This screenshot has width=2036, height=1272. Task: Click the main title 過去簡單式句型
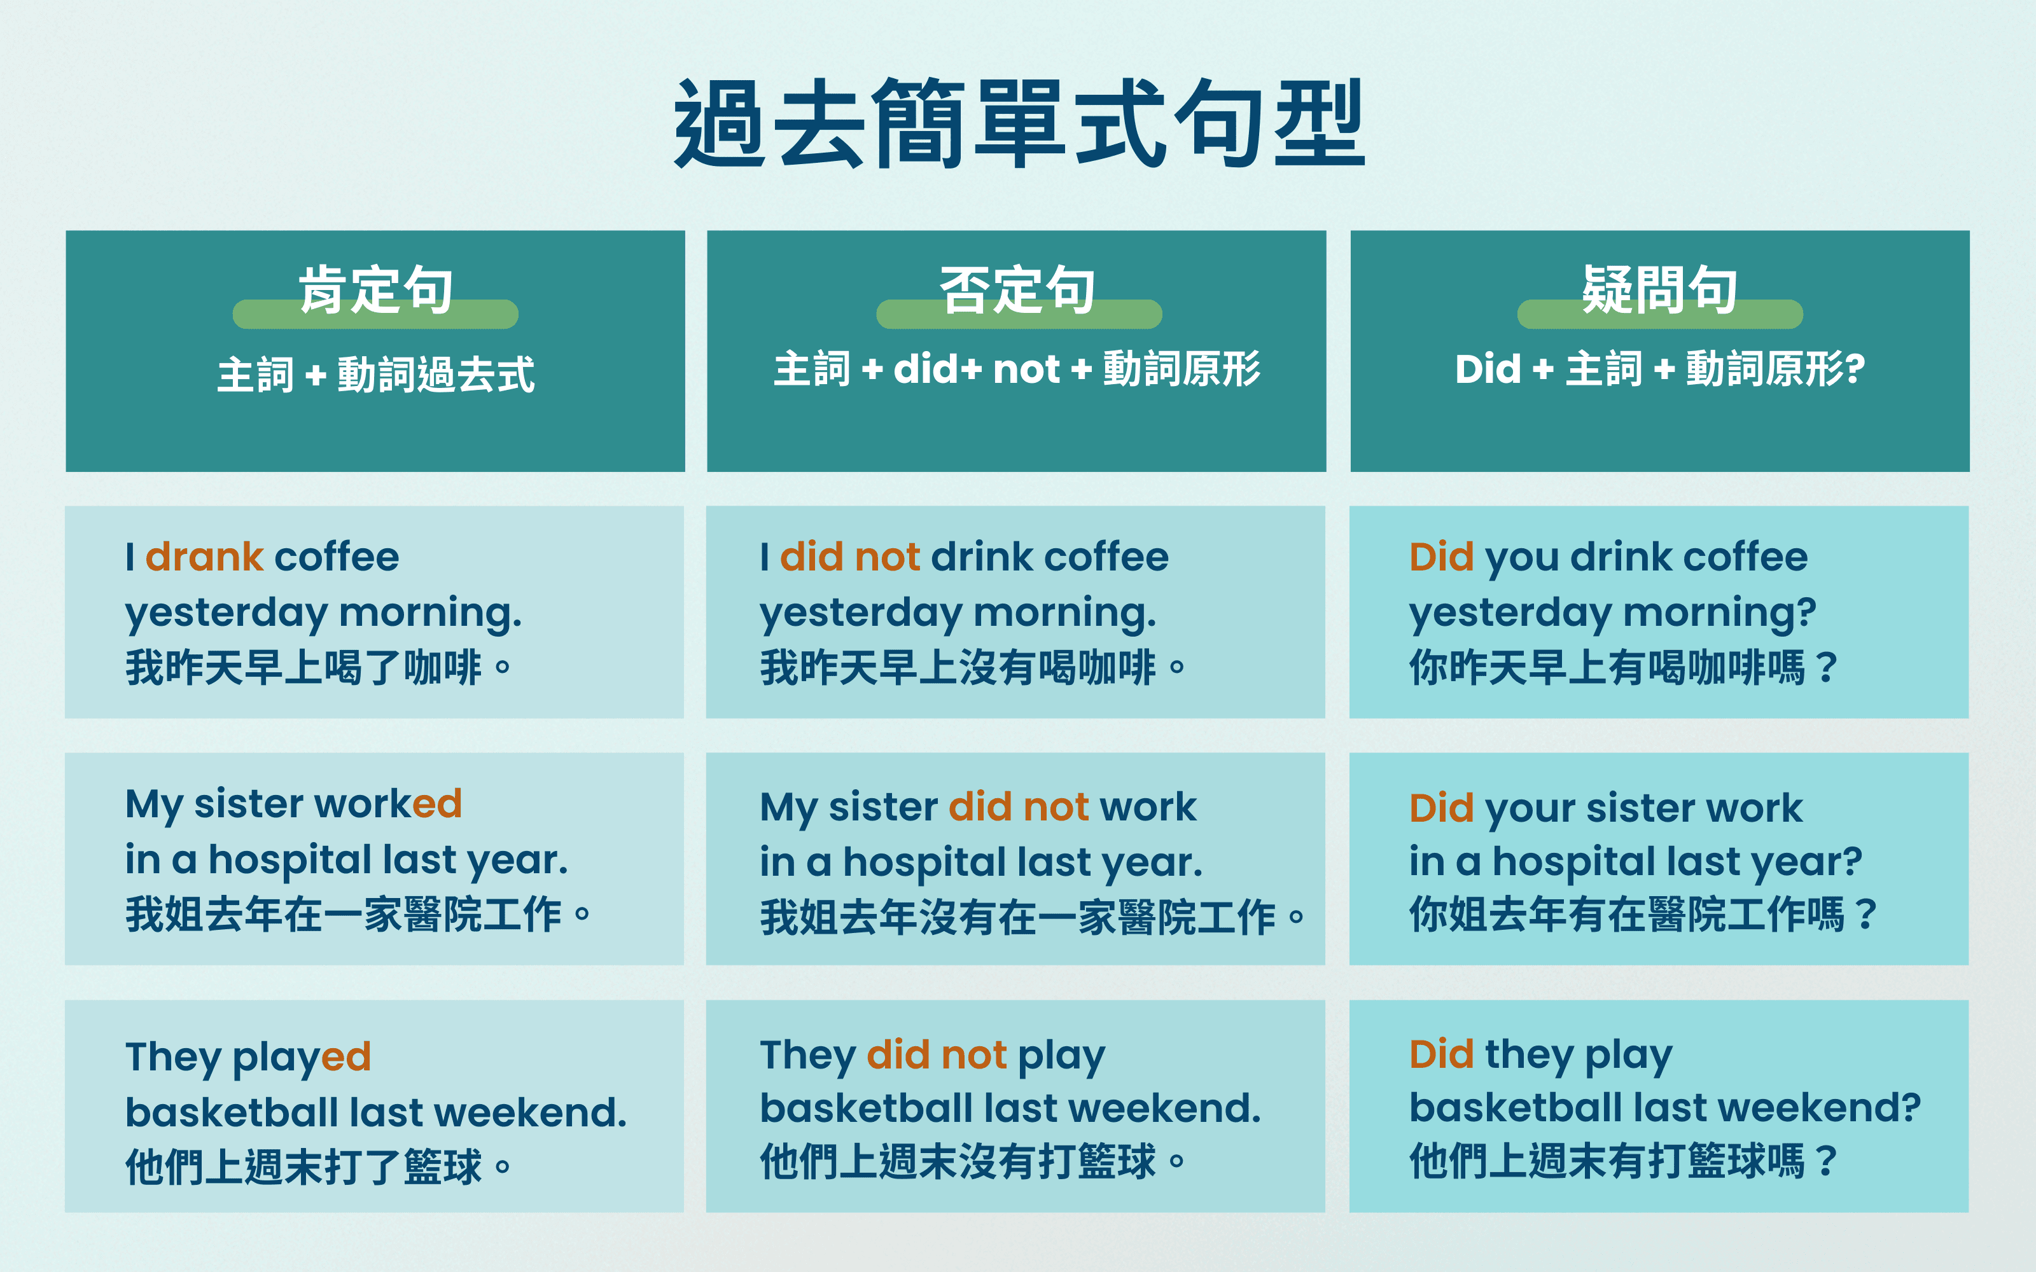pos(1018,125)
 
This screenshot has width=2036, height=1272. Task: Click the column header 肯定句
pos(375,289)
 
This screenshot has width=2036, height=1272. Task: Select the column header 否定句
pos(1017,289)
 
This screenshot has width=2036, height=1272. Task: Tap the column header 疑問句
pos(1659,289)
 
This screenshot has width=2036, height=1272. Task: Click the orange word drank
pos(204,557)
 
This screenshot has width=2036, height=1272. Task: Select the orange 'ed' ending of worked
pos(436,803)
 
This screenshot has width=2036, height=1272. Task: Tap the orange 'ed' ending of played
pos(345,1056)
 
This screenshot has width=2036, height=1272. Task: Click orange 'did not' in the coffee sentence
pos(850,557)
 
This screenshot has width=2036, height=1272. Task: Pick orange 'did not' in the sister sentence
pos(1019,807)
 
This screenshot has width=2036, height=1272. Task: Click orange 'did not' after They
pos(937,1055)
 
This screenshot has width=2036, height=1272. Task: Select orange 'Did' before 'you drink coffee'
pos(1441,557)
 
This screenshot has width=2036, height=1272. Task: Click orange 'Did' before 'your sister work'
pos(1441,808)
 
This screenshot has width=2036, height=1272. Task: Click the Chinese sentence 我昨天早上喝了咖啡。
pos(318,668)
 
